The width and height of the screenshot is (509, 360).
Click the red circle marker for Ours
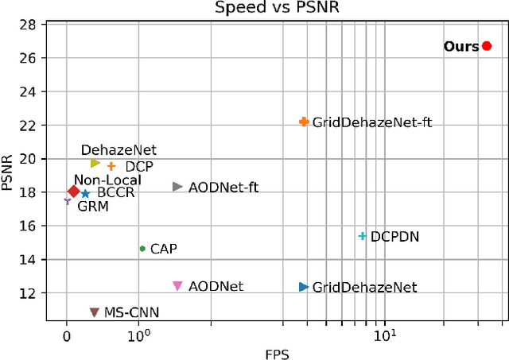[487, 46]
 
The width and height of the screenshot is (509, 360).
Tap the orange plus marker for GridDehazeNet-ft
[303, 122]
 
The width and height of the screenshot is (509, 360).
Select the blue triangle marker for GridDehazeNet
[303, 287]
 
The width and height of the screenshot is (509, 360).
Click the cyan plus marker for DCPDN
[363, 236]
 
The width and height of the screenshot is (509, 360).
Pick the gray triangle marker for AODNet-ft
[177, 187]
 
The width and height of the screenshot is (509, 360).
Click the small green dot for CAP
[142, 249]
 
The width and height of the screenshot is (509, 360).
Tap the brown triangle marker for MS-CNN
[94, 312]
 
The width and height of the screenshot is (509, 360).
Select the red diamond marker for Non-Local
[74, 192]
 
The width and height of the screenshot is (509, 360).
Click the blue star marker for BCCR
[85, 193]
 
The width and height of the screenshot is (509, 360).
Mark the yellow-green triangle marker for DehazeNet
[95, 163]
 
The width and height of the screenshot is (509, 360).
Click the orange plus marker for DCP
[111, 166]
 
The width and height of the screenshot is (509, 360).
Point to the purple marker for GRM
[68, 201]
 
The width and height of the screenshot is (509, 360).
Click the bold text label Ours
[461, 47]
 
